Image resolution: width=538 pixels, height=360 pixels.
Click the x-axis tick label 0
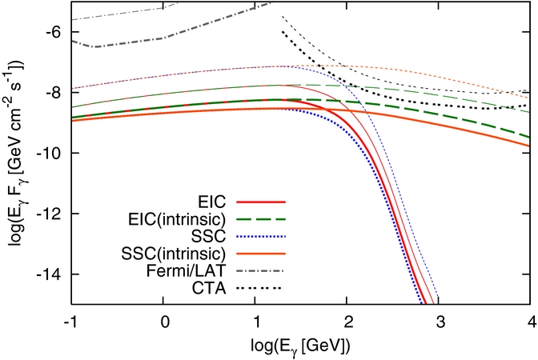(163, 318)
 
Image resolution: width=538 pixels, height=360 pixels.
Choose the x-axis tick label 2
(347, 318)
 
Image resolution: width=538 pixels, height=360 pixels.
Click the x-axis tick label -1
(70, 318)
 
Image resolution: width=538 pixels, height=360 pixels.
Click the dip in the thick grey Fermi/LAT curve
(95, 46)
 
